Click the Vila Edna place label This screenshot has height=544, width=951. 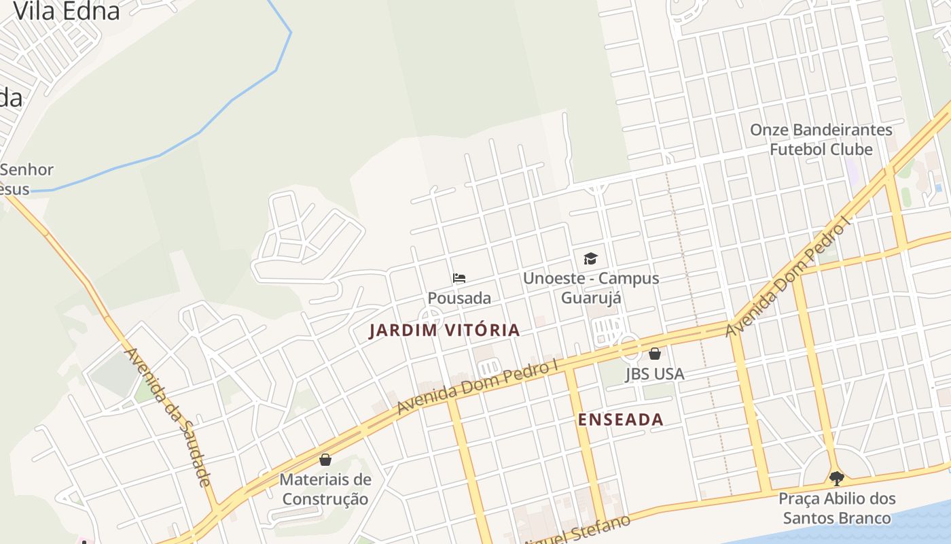click(67, 10)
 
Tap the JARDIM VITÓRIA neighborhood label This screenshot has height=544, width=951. click(444, 330)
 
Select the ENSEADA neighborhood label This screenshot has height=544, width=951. click(620, 420)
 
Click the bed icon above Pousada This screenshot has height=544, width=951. click(459, 278)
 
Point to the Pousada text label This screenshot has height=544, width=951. click(459, 298)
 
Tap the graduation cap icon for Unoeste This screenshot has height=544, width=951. click(590, 258)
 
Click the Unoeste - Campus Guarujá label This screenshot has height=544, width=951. click(591, 288)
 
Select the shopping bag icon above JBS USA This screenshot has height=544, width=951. click(655, 354)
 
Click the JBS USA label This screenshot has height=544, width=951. click(655, 374)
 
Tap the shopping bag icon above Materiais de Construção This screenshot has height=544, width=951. click(325, 460)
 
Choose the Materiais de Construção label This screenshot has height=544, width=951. click(325, 489)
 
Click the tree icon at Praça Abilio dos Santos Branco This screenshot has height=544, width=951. click(837, 478)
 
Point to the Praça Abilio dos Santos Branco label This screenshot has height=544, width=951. click(837, 508)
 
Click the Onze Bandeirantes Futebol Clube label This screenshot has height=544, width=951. click(821, 139)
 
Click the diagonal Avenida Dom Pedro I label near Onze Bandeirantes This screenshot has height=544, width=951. click(788, 277)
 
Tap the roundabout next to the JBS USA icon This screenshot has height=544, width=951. click(630, 347)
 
